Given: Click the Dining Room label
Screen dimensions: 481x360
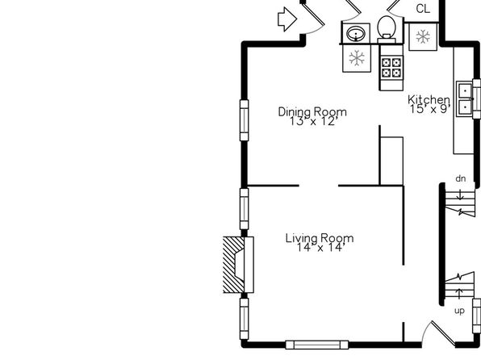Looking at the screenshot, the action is pos(312,111).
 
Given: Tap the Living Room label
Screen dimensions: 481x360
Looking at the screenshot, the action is pos(320,238).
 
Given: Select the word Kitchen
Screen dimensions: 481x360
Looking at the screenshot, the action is pos(429,100).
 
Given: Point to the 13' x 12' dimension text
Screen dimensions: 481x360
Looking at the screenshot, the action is pos(314,122).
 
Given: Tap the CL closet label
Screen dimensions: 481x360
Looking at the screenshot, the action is pos(423,9).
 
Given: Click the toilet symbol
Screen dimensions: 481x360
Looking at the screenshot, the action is pos(387,29).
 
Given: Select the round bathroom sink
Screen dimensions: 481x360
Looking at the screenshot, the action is pos(356,32).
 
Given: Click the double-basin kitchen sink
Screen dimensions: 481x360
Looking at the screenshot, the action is pos(466,98).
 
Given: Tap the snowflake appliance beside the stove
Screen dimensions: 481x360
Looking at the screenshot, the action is pos(357,58).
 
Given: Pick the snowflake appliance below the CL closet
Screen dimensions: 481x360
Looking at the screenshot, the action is pos(423,36).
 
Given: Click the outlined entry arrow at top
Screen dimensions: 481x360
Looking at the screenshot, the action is pos(287,19).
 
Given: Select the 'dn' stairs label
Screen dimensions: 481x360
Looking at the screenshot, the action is pos(461,178).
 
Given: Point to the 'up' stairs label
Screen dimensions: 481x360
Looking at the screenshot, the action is pos(459,311).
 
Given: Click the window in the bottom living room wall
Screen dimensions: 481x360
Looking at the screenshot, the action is pos(317,345).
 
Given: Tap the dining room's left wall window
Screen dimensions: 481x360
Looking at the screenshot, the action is pos(245,120).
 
